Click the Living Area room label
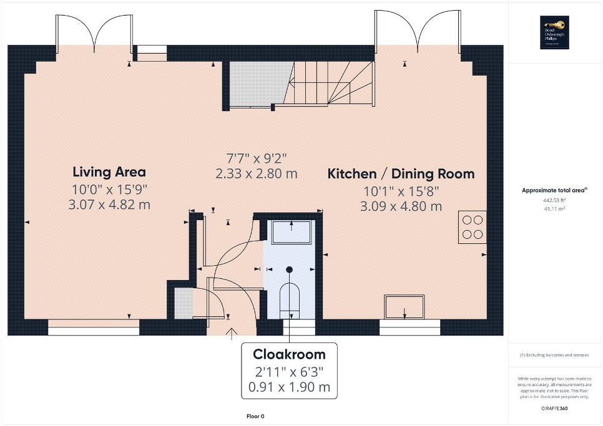(x=109, y=172)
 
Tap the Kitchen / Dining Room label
(x=401, y=174)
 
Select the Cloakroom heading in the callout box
(x=289, y=354)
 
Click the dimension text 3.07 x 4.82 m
(x=109, y=204)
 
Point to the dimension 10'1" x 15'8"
(x=401, y=190)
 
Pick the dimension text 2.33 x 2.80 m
(x=256, y=174)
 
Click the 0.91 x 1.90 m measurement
(x=289, y=387)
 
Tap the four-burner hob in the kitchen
(x=473, y=226)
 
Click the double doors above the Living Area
(x=94, y=31)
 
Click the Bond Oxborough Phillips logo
(x=554, y=32)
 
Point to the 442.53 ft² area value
(x=553, y=200)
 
